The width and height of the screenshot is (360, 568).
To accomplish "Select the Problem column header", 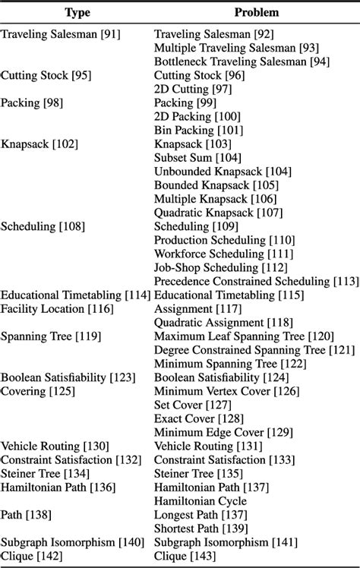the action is point(256,13).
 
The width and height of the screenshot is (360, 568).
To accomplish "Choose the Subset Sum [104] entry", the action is point(197,158).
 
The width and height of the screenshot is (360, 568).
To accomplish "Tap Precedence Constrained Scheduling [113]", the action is point(256,281).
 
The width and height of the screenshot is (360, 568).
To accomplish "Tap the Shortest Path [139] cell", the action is point(201,528).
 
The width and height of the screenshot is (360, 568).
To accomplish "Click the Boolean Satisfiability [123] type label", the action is point(68,377).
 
